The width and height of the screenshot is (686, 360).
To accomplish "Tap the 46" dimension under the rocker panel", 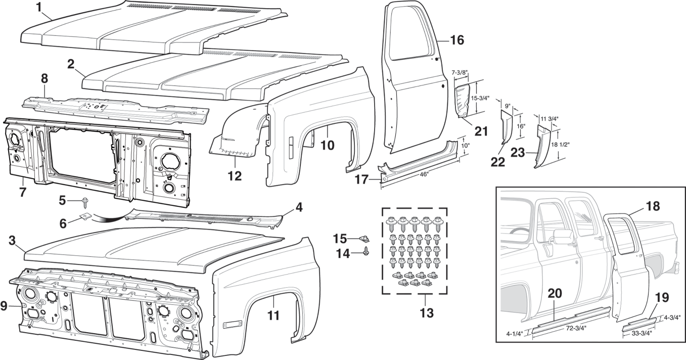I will coord(424,174).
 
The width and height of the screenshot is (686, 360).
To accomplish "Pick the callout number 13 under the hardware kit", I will coord(426,313).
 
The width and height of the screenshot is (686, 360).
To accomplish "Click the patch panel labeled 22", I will coord(506,131).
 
